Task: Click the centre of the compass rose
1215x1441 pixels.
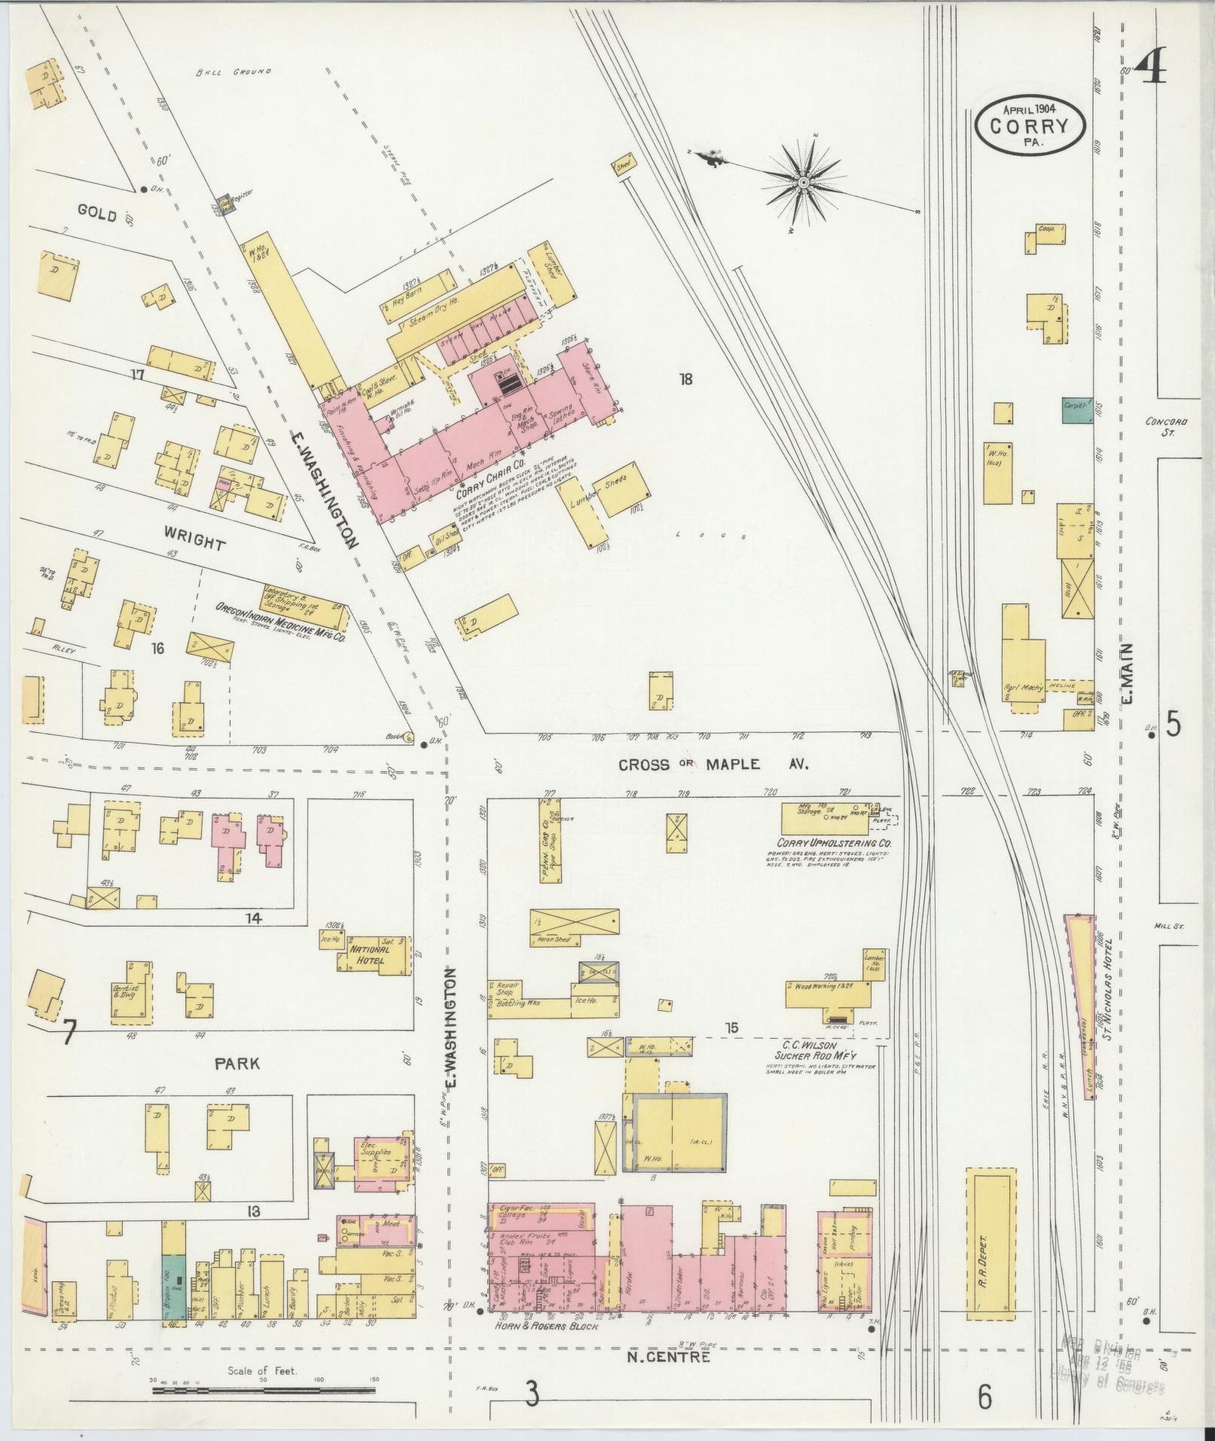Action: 804,182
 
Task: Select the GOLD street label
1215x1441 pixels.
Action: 97,215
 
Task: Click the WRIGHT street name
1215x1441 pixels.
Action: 194,543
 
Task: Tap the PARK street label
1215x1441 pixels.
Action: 237,1064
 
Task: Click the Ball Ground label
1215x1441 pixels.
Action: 232,72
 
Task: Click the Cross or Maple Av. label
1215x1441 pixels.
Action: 713,765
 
